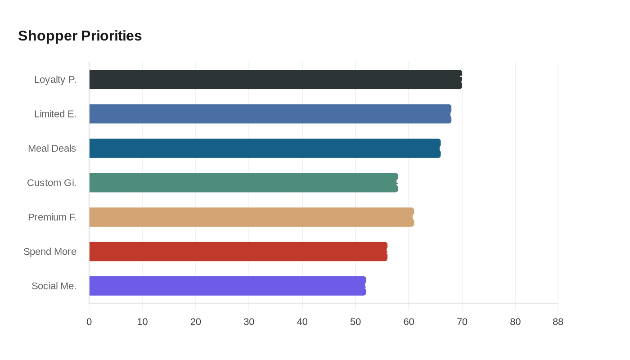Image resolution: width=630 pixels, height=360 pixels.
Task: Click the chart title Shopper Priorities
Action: (80, 36)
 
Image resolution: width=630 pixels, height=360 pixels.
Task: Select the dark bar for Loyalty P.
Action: (275, 80)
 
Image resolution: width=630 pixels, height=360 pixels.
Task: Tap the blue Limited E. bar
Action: (270, 114)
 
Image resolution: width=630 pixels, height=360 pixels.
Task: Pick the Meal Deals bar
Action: (265, 148)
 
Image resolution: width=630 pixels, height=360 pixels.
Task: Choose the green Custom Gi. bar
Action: (243, 183)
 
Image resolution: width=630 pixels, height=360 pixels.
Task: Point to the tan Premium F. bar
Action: (252, 217)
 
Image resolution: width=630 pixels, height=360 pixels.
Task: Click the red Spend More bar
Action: (238, 252)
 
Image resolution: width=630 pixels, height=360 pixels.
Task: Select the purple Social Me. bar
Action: (227, 286)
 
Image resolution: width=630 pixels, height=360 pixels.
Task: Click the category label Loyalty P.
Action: (55, 80)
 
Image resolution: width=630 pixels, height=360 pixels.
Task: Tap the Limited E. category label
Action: (55, 114)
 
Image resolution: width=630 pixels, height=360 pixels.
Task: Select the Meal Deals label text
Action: (52, 148)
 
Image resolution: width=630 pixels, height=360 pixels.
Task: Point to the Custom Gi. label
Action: (52, 183)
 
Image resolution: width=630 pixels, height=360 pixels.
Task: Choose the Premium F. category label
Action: (52, 217)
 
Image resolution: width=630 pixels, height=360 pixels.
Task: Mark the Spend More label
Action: (50, 252)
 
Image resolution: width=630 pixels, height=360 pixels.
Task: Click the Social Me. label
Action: (54, 286)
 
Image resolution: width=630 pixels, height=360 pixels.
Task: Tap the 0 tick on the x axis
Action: (89, 322)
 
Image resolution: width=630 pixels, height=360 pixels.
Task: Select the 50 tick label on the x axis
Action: (355, 322)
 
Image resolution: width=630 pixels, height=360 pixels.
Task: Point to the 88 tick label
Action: (558, 322)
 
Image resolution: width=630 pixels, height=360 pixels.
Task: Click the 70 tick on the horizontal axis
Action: (462, 322)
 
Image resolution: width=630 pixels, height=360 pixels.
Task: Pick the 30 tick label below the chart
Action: (249, 322)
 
